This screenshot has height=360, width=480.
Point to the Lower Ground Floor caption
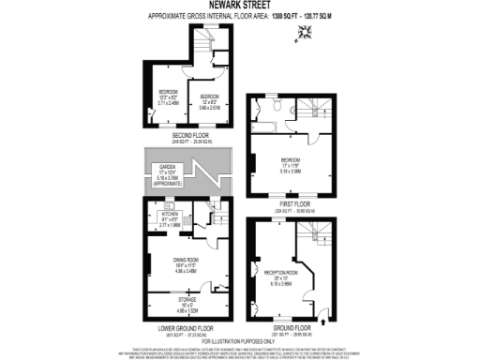(x=184, y=326)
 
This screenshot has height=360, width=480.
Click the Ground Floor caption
(x=293, y=326)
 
